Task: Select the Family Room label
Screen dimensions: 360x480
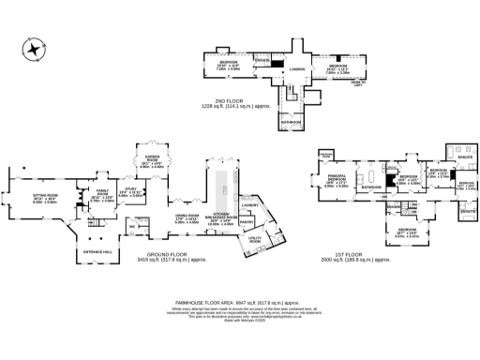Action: click(x=102, y=197)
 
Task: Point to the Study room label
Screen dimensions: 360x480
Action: click(x=133, y=191)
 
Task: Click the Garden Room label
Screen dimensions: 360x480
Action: click(x=151, y=160)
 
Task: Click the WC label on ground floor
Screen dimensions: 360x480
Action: click(x=133, y=226)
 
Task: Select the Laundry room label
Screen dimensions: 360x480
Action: click(x=250, y=204)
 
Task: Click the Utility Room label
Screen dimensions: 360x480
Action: click(x=254, y=241)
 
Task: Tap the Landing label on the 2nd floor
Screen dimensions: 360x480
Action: click(x=297, y=68)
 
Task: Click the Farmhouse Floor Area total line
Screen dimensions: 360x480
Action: click(x=240, y=302)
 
